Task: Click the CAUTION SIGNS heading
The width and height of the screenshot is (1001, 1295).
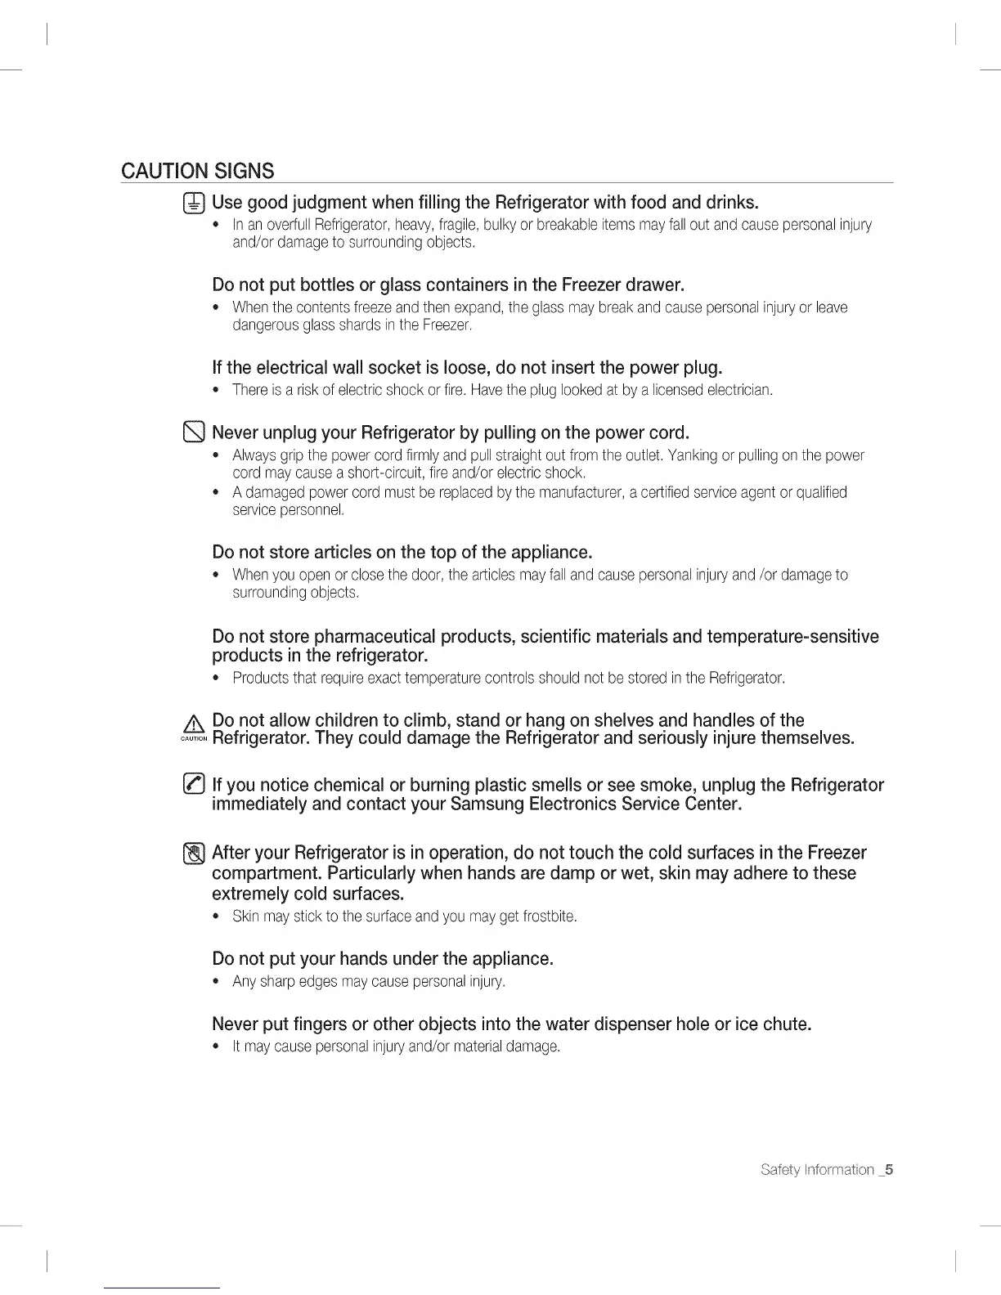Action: click(197, 171)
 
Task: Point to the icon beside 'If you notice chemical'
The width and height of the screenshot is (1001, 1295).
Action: click(194, 786)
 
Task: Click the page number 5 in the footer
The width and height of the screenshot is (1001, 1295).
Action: click(889, 1170)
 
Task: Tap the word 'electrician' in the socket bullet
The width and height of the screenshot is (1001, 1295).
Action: click(739, 390)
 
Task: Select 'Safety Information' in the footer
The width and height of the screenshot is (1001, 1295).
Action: click(817, 1170)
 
